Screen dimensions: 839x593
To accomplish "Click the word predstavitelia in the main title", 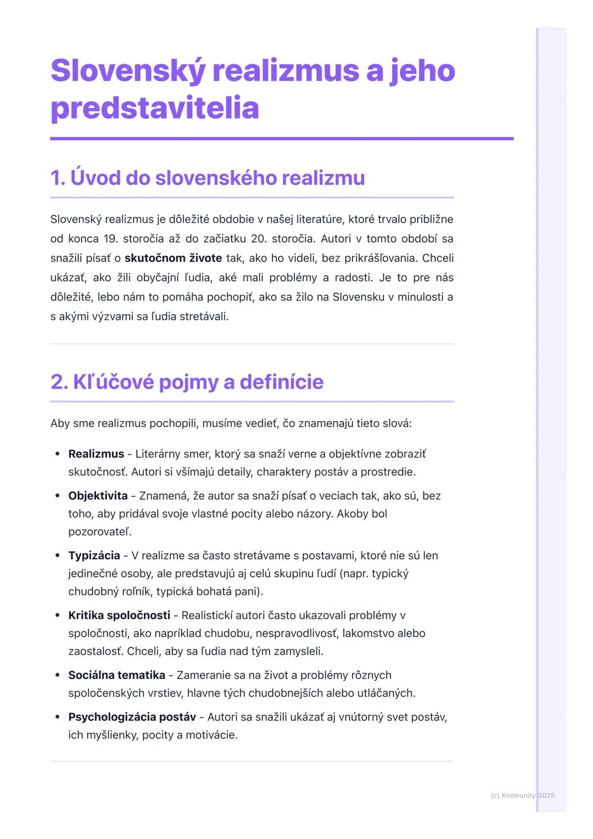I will tap(154, 108).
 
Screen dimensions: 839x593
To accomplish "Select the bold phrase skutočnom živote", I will tap(173, 258).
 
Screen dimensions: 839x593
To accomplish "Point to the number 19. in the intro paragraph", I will tap(109, 239).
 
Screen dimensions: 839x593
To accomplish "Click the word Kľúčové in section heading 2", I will tap(102, 382).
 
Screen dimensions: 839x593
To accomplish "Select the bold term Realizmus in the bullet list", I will tap(96, 454).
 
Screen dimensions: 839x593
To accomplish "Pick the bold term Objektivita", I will tap(98, 496).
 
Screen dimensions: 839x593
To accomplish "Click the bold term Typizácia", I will tap(94, 556).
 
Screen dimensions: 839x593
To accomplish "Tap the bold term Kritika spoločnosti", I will tap(119, 616).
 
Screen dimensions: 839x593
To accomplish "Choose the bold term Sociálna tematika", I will tap(116, 675).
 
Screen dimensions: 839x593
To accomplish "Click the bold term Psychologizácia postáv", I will tap(132, 717).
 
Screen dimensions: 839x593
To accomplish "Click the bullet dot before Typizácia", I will tap(57, 556).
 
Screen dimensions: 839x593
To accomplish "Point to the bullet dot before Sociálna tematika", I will tap(57, 675).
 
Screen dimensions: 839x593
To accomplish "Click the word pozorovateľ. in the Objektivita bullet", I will tap(100, 532).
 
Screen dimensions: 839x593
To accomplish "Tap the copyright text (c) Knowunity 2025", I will tap(522, 796).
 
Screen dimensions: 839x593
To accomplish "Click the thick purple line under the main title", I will tap(282, 139).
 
